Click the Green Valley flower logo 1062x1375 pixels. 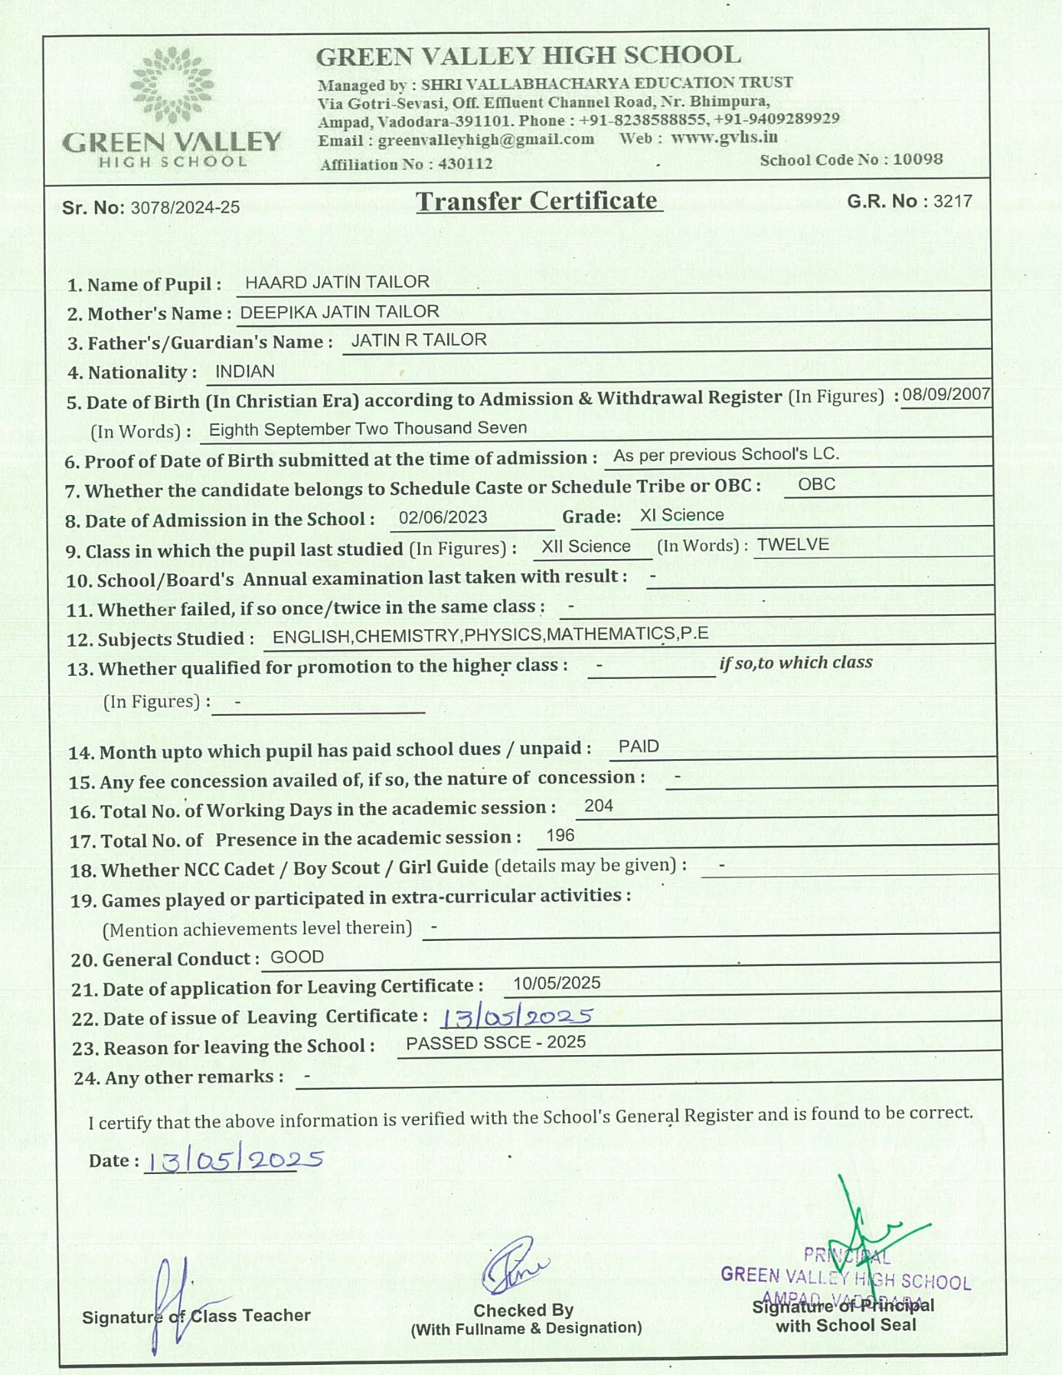tap(172, 84)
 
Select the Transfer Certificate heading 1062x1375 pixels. tap(537, 201)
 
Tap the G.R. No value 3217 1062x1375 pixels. tap(953, 201)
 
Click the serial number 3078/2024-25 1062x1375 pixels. tap(185, 207)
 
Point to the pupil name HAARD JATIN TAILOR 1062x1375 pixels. tap(337, 282)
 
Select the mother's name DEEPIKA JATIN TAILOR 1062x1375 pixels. tap(339, 312)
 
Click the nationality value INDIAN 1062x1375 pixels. tap(245, 371)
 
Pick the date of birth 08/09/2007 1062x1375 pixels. tap(946, 394)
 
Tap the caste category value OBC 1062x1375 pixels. tap(816, 484)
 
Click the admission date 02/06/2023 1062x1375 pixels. tap(443, 517)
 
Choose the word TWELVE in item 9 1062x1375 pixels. tap(793, 545)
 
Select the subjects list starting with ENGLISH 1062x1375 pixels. tap(491, 635)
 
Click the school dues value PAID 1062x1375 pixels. tap(639, 747)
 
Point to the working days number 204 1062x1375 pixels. tap(599, 806)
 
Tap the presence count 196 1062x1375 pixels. tap(561, 836)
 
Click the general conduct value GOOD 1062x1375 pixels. tap(297, 957)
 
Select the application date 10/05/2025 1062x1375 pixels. tap(556, 983)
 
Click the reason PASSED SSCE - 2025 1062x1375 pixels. tap(496, 1042)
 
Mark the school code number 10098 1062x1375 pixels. tap(918, 159)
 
